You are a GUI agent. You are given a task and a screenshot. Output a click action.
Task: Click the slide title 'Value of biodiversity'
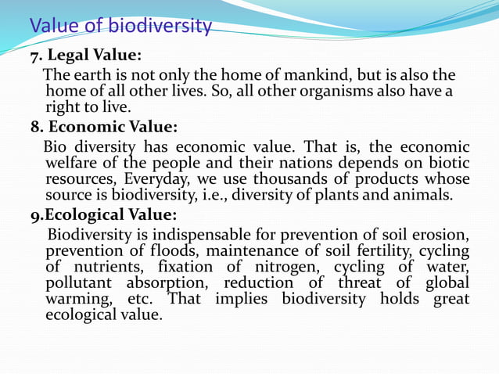[x=120, y=27]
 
